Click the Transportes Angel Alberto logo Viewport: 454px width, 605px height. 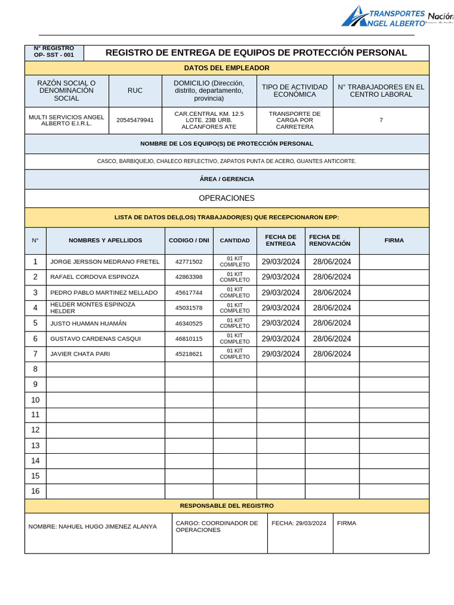pyautogui.click(x=384, y=17)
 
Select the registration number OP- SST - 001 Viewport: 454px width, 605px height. pyautogui.click(x=54, y=55)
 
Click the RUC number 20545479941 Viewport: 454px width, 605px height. pyautogui.click(x=135, y=121)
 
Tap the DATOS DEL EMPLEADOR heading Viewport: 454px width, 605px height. pyautogui.click(x=226, y=69)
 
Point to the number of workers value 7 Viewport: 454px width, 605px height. pyautogui.click(x=381, y=121)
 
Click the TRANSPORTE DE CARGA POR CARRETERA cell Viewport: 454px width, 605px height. pyautogui.click(x=294, y=121)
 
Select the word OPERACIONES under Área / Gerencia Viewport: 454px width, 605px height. pyautogui.click(x=226, y=199)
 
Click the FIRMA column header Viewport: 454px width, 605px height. pyautogui.click(x=394, y=240)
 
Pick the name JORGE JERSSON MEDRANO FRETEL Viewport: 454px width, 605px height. pyautogui.click(x=105, y=262)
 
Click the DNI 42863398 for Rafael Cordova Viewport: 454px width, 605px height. pyautogui.click(x=189, y=277)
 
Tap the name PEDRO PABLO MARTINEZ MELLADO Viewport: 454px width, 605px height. pyautogui.click(x=104, y=292)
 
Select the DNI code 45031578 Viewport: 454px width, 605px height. pyautogui.click(x=189, y=308)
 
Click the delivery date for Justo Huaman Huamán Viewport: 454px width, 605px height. pyautogui.click(x=280, y=323)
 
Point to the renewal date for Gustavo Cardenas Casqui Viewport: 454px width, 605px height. pyautogui.click(x=332, y=339)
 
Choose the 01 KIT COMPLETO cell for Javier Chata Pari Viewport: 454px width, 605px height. pyautogui.click(x=235, y=354)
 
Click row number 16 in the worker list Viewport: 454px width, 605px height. pyautogui.click(x=35, y=491)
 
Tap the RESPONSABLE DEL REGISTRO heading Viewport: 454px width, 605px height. pyautogui.click(x=226, y=506)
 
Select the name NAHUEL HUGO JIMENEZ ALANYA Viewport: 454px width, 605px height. pyautogui.click(x=93, y=526)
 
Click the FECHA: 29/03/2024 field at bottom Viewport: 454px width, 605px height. pyautogui.click(x=299, y=523)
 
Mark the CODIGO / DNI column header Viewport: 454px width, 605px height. pyautogui.click(x=189, y=240)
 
